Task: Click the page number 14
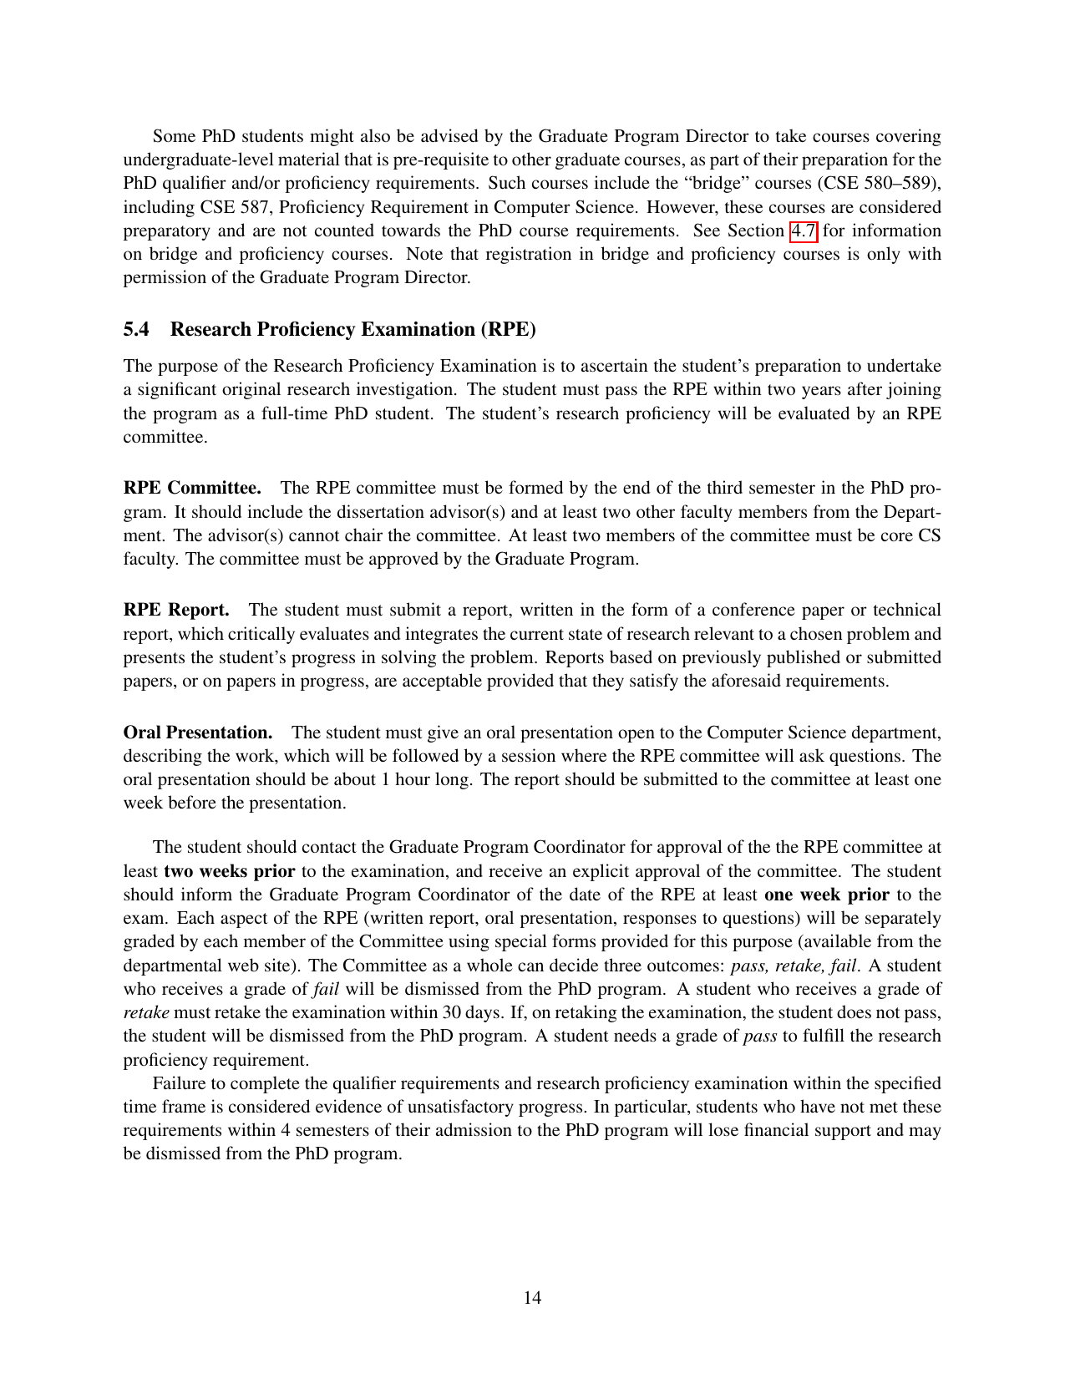(532, 1297)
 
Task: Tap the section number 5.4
(136, 329)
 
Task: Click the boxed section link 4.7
(804, 231)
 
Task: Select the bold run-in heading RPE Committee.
(192, 488)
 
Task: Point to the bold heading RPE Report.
(176, 610)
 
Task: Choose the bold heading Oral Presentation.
(198, 733)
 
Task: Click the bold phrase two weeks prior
(230, 871)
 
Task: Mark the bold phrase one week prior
(826, 895)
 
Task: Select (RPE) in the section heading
(508, 329)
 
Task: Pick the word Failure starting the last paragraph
(181, 1083)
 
